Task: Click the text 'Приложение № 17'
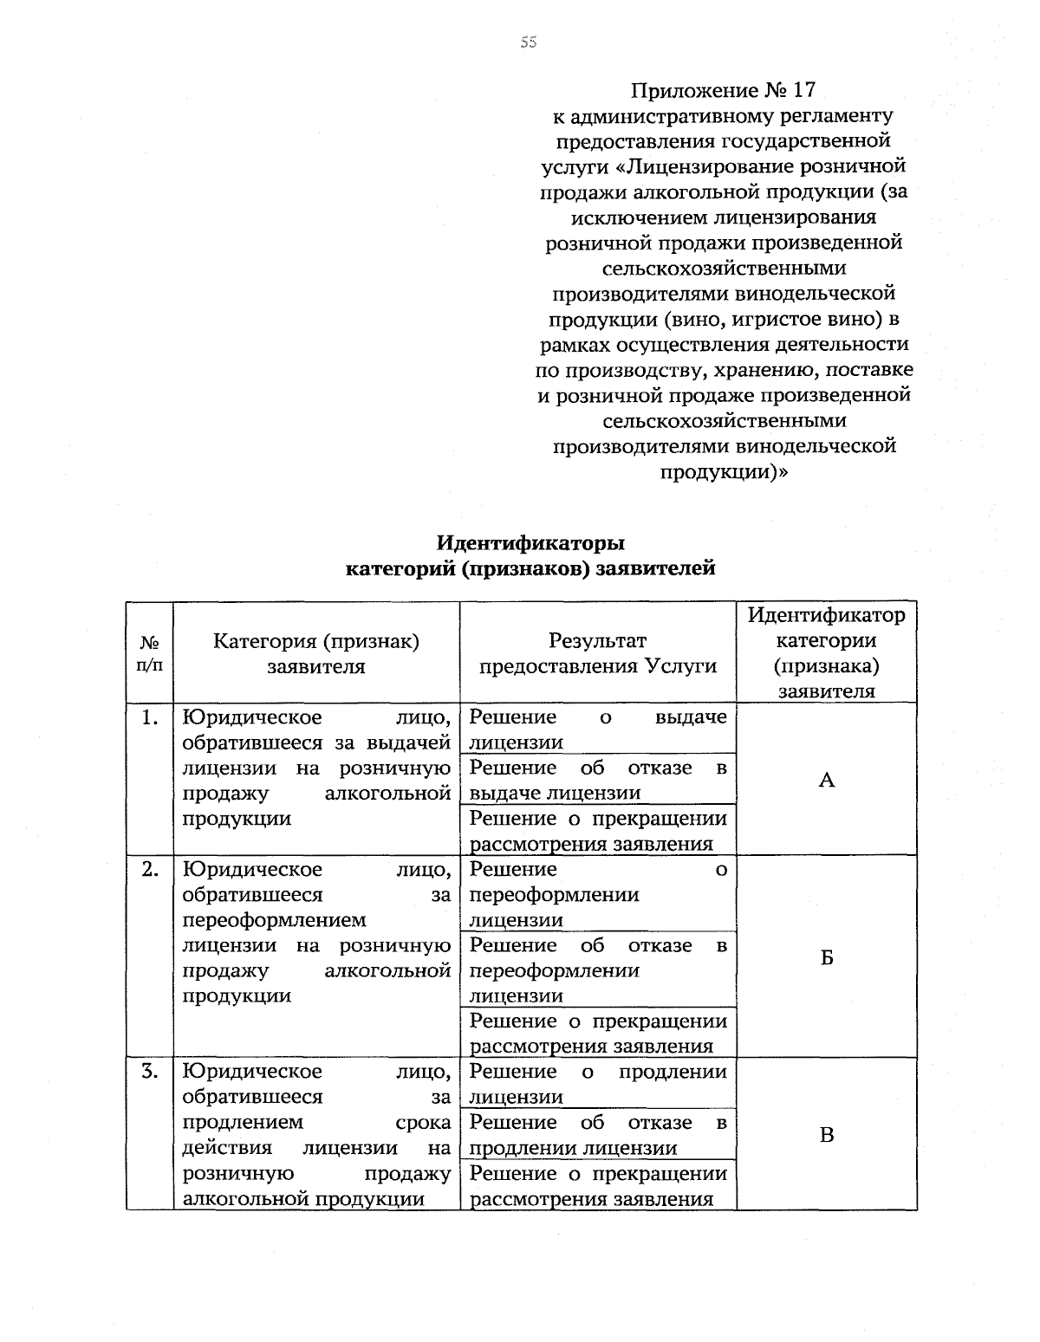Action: (723, 90)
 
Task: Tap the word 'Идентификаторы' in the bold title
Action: (530, 543)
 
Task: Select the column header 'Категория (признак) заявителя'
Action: (316, 653)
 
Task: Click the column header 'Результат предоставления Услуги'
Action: (598, 653)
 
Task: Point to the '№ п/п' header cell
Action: (149, 654)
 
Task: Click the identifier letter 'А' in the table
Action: (826, 781)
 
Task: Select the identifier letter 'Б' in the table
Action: (826, 958)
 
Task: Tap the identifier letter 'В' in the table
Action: (826, 1136)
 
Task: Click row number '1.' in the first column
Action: (150, 717)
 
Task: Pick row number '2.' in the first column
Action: (150, 870)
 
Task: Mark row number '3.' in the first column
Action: (150, 1073)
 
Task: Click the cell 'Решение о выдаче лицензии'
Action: (598, 729)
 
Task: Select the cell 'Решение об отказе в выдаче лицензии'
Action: (598, 781)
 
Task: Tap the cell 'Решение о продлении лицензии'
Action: (598, 1085)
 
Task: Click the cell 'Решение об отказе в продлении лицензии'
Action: (598, 1136)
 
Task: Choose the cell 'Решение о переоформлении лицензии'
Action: (598, 895)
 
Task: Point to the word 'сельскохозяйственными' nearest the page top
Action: (724, 268)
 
